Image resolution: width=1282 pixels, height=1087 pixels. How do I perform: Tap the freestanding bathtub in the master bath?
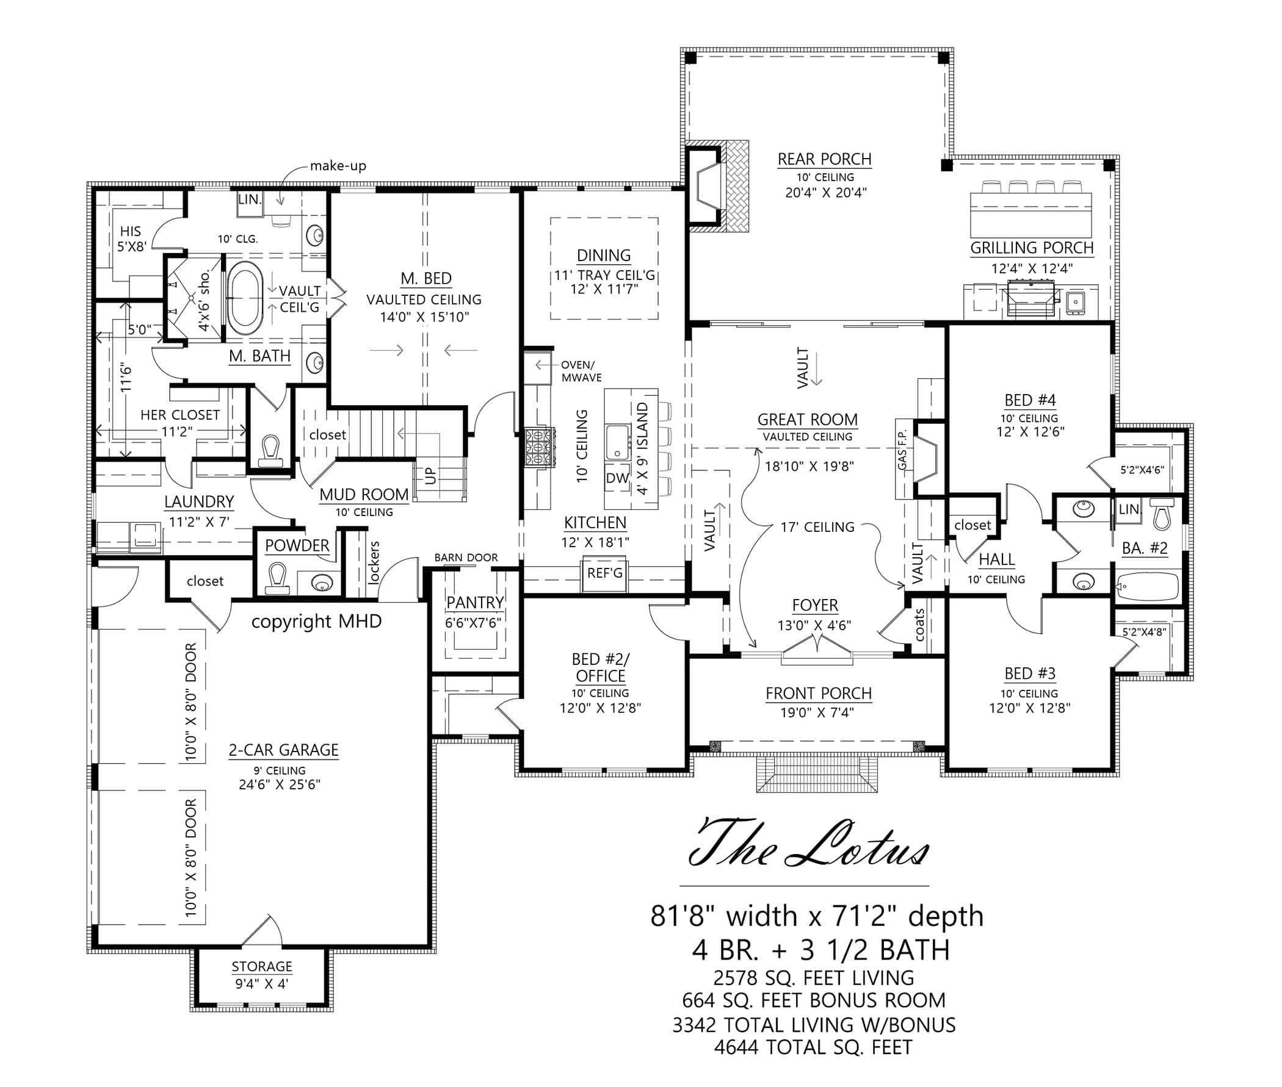[245, 298]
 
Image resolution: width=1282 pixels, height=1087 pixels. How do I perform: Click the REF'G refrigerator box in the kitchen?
[604, 573]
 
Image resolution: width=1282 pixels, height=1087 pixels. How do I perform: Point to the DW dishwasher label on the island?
[617, 478]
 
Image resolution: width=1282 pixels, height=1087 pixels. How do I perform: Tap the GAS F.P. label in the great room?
[902, 454]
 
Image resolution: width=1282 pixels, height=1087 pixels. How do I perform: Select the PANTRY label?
[474, 602]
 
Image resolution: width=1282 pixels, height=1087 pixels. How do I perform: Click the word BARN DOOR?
[466, 558]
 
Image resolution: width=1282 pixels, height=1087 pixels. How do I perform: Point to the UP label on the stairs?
[430, 475]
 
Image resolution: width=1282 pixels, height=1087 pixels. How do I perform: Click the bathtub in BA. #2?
[1148, 587]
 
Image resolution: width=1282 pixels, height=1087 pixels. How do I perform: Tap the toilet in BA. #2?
[1161, 515]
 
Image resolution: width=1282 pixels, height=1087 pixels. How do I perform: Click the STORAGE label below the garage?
[261, 966]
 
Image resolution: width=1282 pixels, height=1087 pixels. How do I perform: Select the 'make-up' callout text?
[338, 166]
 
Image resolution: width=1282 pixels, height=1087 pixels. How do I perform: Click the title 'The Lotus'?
[808, 851]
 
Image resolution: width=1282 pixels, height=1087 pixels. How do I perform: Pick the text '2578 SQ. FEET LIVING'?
[813, 978]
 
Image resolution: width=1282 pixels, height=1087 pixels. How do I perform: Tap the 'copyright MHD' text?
[316, 621]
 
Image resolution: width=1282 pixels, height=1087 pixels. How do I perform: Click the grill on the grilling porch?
[1030, 299]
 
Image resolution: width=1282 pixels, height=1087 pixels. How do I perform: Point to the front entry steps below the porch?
[817, 774]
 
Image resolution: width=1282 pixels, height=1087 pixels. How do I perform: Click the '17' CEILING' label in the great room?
[817, 527]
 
